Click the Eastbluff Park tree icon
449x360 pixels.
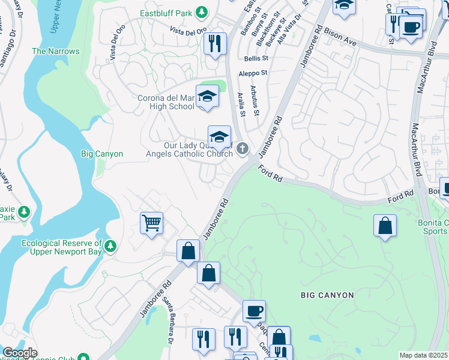(202, 12)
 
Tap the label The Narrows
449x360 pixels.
(55, 51)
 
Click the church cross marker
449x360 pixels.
(243, 148)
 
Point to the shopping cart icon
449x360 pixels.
(151, 223)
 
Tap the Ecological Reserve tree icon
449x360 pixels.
(110, 246)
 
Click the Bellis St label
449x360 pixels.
(256, 58)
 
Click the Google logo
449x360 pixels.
(20, 353)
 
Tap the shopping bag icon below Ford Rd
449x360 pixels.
(384, 226)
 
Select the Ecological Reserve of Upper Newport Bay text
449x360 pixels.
(61, 247)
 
